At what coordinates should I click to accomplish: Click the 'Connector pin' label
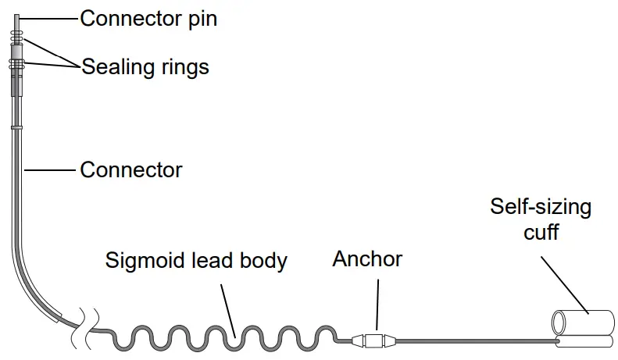pos(148,18)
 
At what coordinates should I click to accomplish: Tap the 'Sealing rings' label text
pos(145,66)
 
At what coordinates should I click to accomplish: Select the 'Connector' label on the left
pos(131,169)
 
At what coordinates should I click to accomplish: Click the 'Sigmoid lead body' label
pos(196,260)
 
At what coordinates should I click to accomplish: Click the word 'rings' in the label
pos(184,66)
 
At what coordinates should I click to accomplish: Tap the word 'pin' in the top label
pos(201,18)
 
